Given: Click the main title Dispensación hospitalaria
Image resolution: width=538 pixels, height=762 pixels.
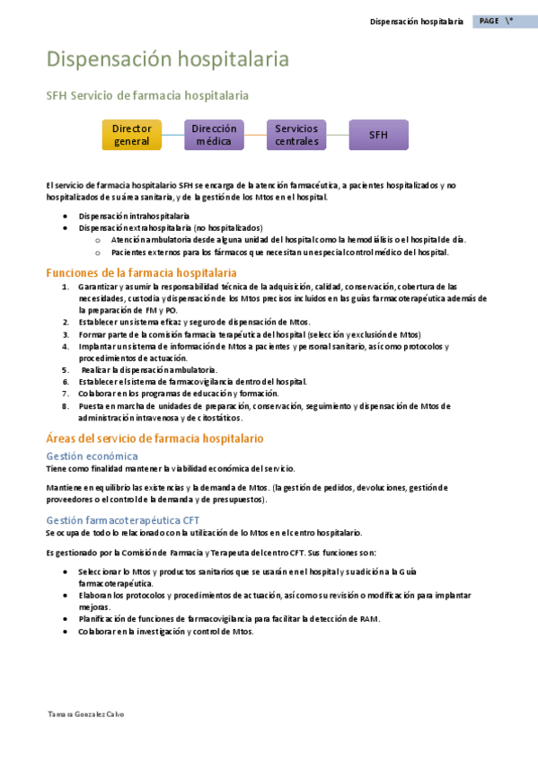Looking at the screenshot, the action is point(167,59).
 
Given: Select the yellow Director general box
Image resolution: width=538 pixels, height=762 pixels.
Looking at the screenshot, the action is point(132,135).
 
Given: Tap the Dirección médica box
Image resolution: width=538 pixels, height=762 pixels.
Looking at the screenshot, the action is point(214,135).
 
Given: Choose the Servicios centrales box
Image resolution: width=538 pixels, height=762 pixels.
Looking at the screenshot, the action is point(296,135).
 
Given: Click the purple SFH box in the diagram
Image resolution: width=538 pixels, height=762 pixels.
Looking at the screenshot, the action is point(378,135).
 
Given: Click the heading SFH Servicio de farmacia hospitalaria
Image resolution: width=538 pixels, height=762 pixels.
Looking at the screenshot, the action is point(147,95).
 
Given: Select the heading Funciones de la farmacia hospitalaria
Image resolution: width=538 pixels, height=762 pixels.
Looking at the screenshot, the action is point(141,272).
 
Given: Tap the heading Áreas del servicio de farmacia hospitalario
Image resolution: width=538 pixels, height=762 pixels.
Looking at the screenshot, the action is point(154,439).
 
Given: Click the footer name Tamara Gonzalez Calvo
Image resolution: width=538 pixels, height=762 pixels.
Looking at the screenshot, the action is point(85,714).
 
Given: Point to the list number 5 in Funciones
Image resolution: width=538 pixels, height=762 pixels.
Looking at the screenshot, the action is point(66,369).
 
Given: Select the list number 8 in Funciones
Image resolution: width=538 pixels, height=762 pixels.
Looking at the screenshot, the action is point(66,405).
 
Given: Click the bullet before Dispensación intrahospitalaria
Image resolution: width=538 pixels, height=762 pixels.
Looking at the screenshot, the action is point(66,217).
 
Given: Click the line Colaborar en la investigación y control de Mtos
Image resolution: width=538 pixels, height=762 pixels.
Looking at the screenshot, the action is point(166,631).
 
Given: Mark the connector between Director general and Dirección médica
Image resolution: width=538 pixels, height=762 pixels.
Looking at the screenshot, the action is point(173,136).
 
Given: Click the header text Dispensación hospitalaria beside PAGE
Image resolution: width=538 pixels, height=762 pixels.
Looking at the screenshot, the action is point(416,21).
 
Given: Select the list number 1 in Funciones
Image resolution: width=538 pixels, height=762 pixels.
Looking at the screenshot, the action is point(66,287).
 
